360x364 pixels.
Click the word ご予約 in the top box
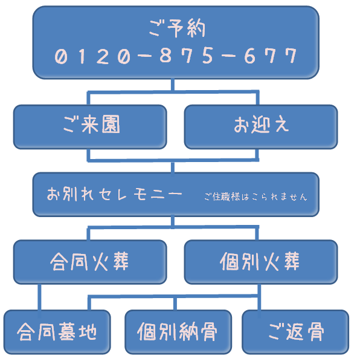pos(177,28)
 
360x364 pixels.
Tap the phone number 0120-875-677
pos(176,56)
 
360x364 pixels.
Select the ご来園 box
pos(90,127)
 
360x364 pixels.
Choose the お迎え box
pos(261,127)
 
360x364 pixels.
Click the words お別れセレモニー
pos(114,194)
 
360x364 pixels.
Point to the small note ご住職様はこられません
pos(256,197)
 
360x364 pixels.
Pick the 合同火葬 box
pos(90,262)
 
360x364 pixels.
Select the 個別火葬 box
pos(261,262)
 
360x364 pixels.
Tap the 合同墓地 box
pos(57,332)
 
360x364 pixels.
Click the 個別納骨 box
pos(178,332)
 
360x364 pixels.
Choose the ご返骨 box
pos(295,332)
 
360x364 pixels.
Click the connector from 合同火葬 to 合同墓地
pos(39,297)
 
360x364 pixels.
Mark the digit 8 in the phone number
pos(166,56)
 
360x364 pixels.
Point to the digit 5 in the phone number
pos(207,56)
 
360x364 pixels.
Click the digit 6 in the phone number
pos(250,56)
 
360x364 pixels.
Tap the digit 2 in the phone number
pos(103,56)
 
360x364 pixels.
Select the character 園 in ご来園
pos(111,124)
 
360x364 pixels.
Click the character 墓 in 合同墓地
pos(67,331)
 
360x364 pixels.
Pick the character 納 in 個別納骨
pos(188,331)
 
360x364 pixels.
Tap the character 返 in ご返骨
pos(295,331)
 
